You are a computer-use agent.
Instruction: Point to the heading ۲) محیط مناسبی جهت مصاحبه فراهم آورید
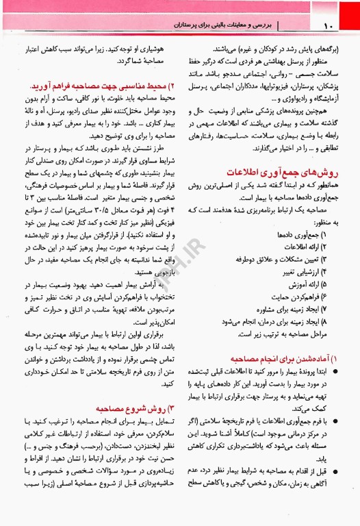tap(94, 87)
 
